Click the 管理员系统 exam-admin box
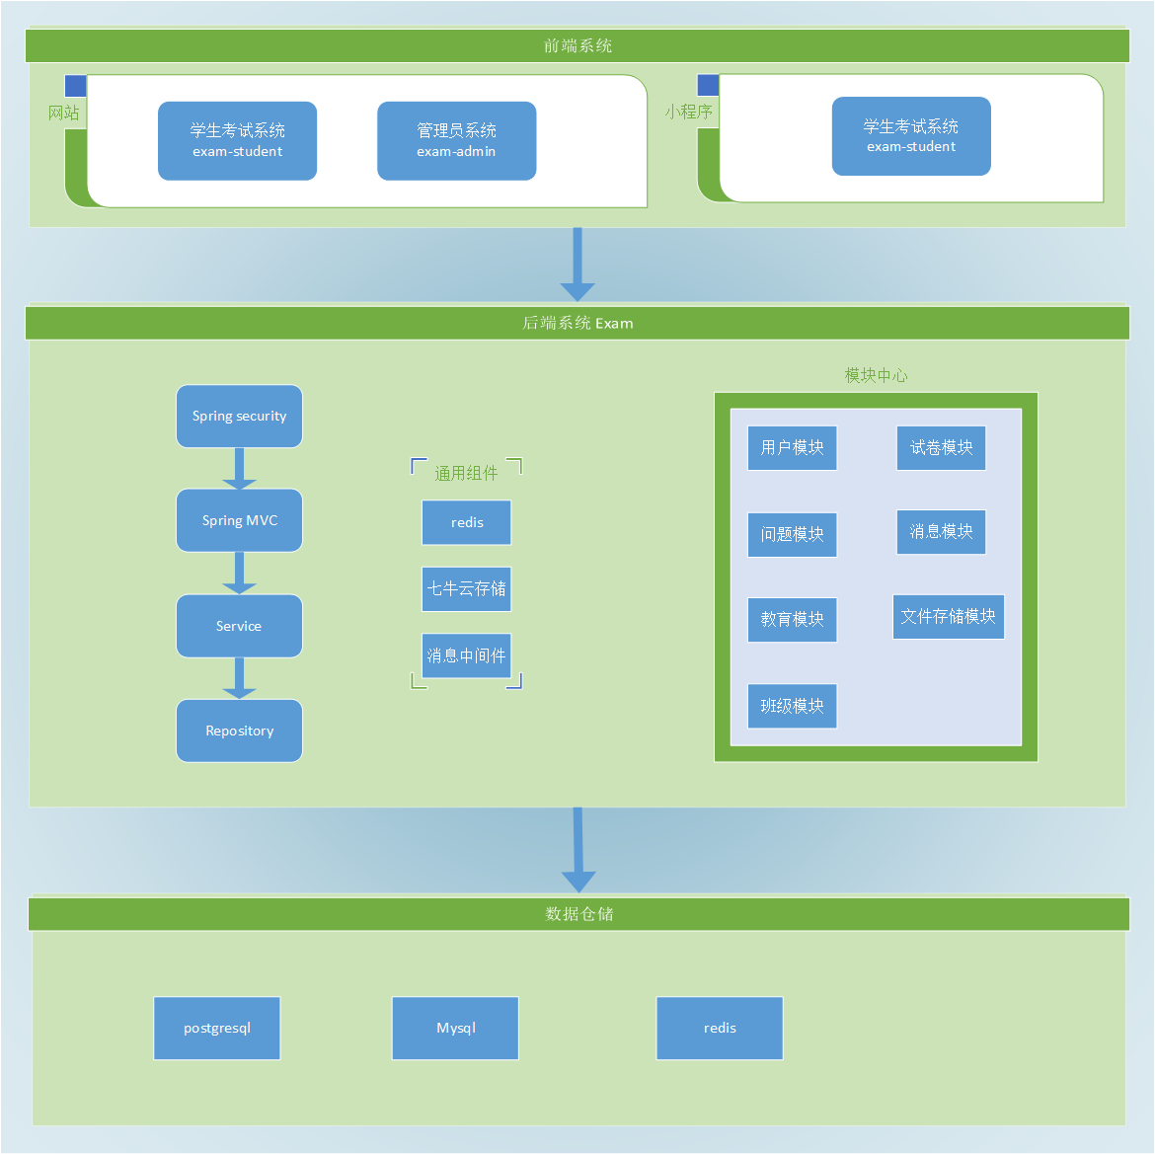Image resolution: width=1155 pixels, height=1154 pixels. click(456, 141)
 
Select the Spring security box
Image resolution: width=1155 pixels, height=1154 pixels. click(239, 417)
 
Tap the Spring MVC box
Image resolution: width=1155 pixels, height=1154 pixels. click(239, 520)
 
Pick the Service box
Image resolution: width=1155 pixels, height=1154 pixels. click(239, 626)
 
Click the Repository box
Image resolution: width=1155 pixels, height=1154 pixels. click(239, 731)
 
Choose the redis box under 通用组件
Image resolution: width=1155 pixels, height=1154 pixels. click(466, 522)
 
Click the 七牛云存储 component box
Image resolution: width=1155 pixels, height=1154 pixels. click(466, 589)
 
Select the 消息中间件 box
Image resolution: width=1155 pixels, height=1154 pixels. click(466, 655)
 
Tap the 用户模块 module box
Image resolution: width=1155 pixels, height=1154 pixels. click(792, 448)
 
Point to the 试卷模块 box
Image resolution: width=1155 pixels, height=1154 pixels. click(941, 448)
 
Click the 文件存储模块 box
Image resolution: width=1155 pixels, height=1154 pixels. click(948, 617)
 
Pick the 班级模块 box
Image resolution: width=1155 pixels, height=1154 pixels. click(792, 706)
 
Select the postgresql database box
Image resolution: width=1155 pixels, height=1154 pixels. click(217, 1028)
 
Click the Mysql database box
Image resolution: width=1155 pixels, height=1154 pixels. click(455, 1028)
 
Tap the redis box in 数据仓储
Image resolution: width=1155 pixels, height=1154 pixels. click(720, 1028)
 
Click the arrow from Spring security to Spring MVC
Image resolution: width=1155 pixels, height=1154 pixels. click(239, 469)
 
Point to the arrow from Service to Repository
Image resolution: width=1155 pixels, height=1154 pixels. click(239, 678)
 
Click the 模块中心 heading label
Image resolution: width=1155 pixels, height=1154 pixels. click(876, 375)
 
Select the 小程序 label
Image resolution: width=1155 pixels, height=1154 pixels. click(688, 112)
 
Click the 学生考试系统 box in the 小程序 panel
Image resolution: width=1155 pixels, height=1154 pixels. click(910, 136)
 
